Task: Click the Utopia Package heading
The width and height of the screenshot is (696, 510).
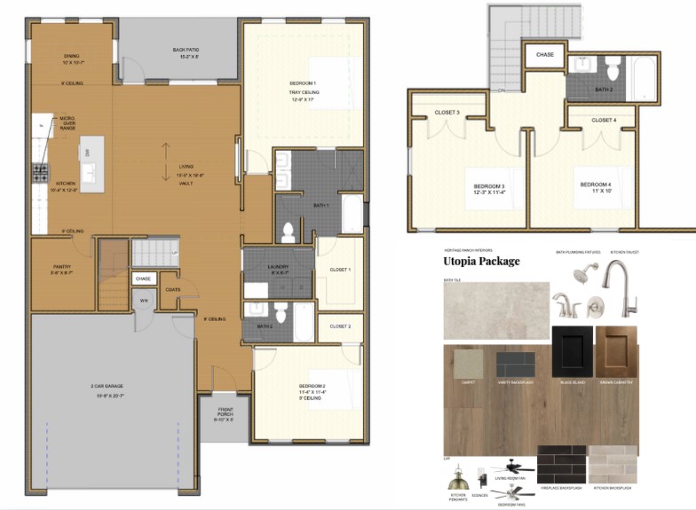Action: [481, 262]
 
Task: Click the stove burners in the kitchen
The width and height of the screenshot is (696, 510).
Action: [40, 173]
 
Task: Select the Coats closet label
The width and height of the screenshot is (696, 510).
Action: [172, 288]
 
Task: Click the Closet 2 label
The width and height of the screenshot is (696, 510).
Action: [340, 326]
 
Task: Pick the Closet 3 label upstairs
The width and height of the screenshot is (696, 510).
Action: [447, 113]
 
